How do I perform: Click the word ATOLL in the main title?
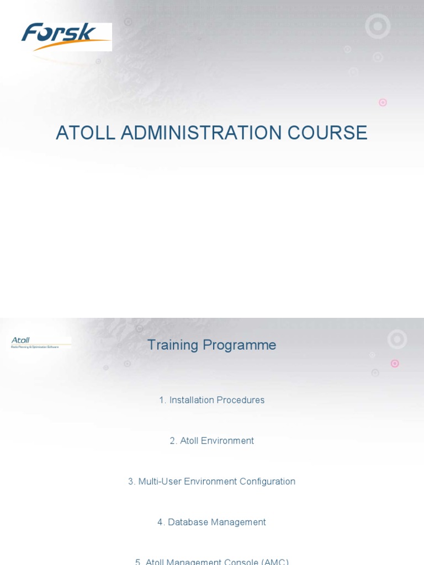86,133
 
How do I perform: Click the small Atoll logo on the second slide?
39,343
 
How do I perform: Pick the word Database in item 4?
188,522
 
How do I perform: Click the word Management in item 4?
239,522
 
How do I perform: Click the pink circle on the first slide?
383,102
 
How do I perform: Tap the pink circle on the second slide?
395,363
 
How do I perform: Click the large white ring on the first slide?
378,26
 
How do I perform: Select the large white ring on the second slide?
397,339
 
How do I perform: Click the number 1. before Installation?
162,400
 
